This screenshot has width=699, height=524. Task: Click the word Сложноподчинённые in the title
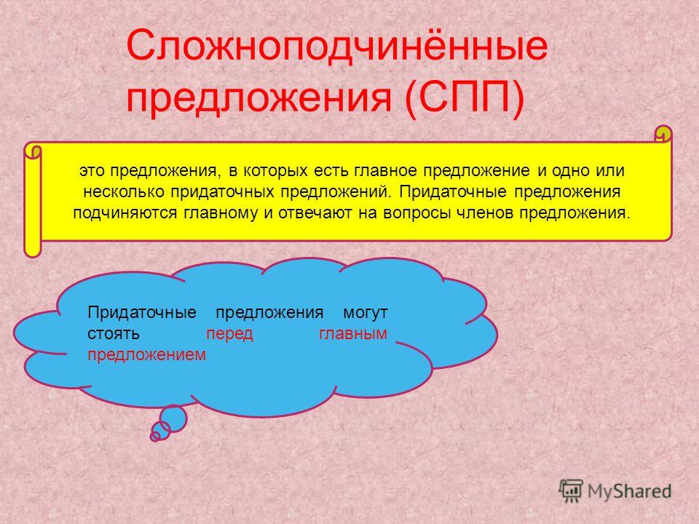pos(337,46)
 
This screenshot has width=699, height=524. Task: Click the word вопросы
pos(416,213)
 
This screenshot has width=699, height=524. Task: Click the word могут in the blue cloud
pos(365,313)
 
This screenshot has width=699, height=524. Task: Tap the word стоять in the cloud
pos(114,334)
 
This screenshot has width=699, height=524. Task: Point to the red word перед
pos(229,334)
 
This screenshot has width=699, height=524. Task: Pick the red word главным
pos(353,334)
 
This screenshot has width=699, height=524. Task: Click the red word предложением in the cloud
pos(146,355)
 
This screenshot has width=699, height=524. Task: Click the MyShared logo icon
pos(571,491)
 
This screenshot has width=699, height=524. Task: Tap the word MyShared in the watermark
pos(629,491)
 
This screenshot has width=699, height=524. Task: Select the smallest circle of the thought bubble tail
pos(154,437)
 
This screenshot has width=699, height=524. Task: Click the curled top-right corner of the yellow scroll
pos(663,134)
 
